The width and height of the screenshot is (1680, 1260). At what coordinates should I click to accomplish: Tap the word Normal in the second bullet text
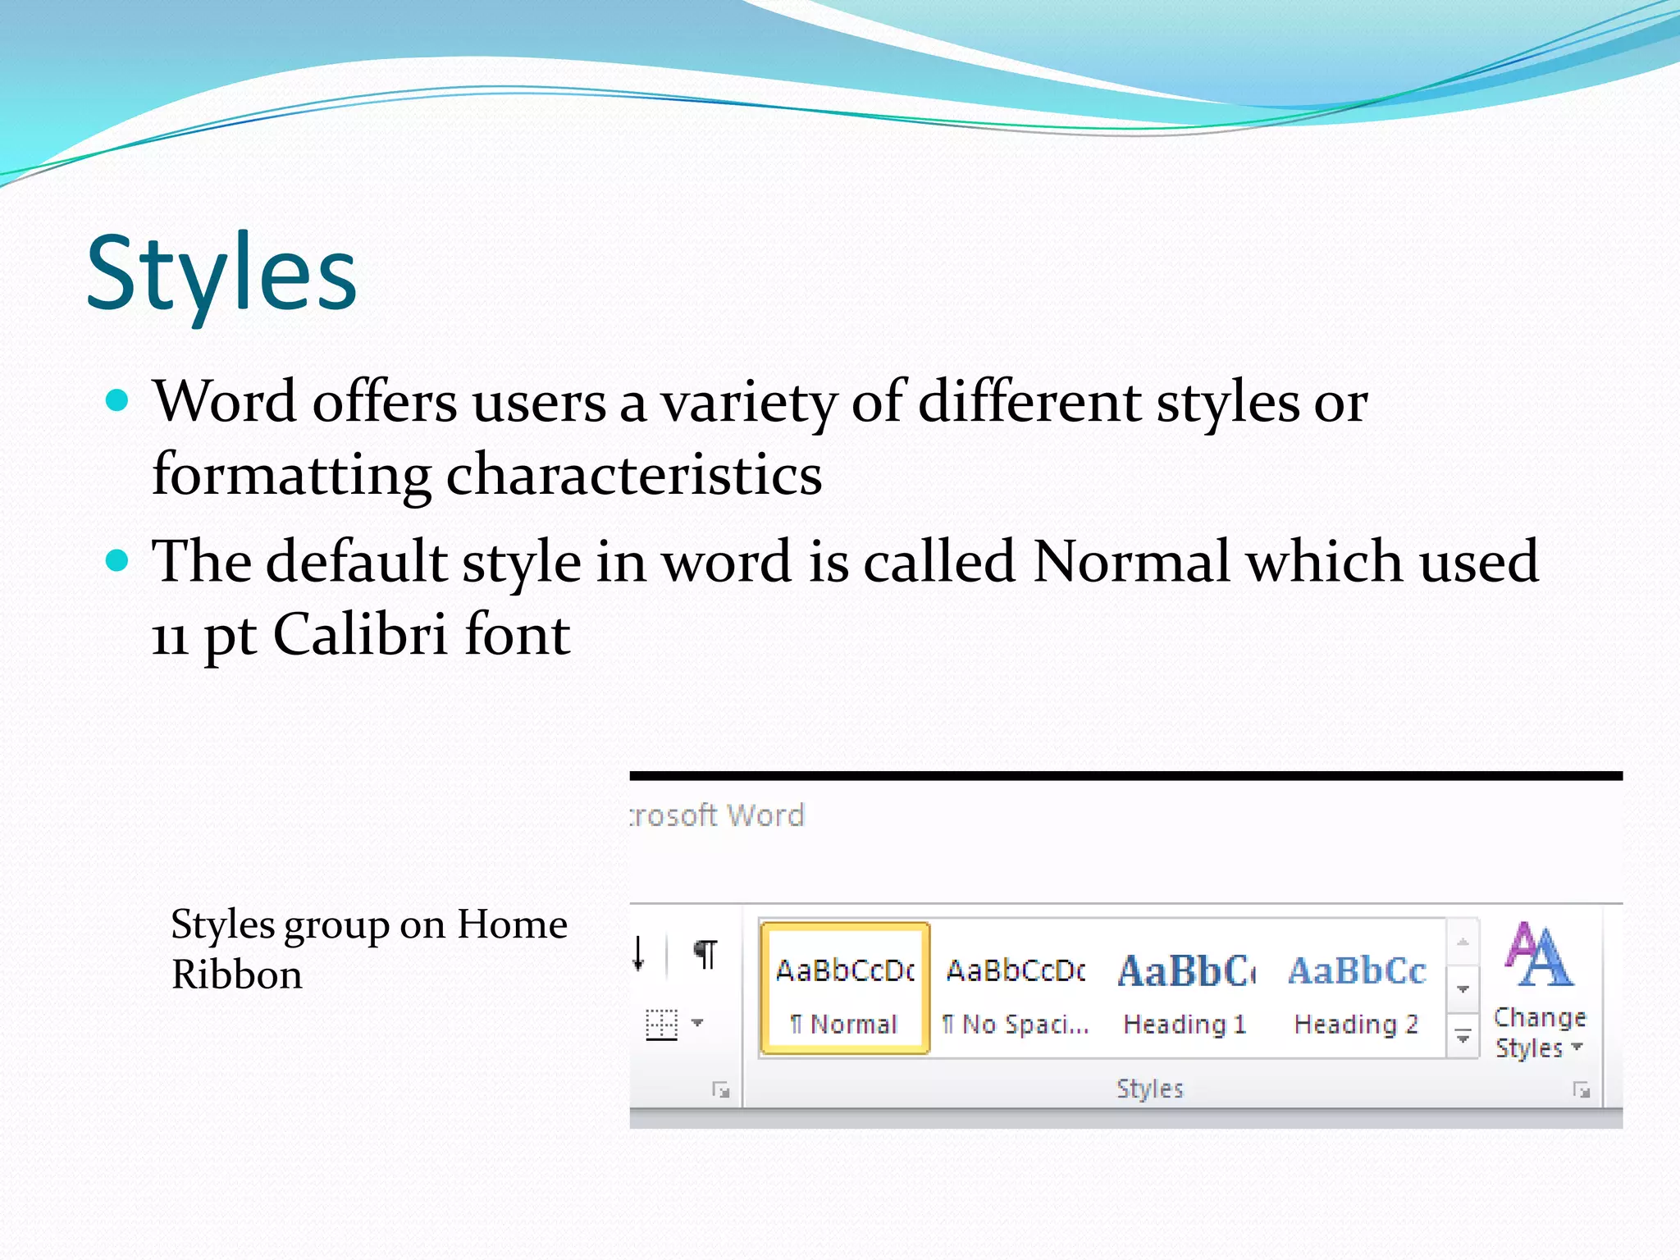(x=1131, y=562)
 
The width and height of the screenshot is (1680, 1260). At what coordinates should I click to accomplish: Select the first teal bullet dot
(x=118, y=400)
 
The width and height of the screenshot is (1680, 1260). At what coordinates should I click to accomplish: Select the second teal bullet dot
(x=118, y=561)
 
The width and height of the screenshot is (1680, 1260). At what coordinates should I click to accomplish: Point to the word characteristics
(x=633, y=475)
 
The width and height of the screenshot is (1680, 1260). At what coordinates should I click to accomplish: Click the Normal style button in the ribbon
(x=845, y=988)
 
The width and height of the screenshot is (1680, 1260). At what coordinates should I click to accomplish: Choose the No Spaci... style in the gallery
(x=1016, y=988)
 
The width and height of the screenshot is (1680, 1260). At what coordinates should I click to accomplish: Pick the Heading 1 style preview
(x=1185, y=988)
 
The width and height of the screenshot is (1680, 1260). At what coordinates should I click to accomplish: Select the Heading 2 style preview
(x=1356, y=988)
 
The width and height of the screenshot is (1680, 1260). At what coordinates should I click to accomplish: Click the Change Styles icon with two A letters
(x=1539, y=955)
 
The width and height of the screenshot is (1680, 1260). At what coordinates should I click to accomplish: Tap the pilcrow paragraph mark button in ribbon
(x=705, y=954)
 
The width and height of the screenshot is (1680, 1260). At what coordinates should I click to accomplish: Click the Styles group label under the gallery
(x=1149, y=1089)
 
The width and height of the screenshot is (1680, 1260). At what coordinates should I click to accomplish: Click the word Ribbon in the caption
(x=236, y=975)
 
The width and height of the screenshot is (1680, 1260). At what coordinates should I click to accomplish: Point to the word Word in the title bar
(x=765, y=815)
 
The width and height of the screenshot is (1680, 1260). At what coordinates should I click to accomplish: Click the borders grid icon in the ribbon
(x=661, y=1024)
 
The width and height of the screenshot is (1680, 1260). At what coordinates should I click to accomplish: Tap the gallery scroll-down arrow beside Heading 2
(x=1463, y=989)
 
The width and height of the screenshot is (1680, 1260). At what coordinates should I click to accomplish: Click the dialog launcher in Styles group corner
(x=1581, y=1090)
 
